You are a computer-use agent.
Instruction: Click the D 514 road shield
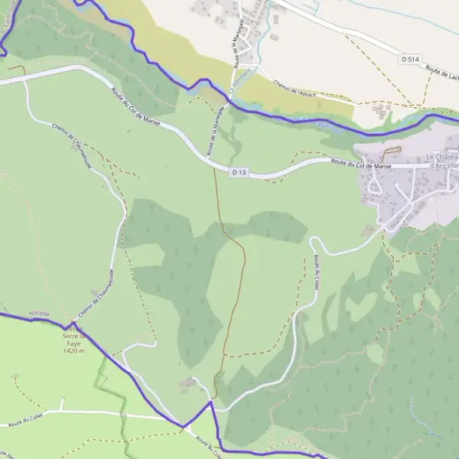412,58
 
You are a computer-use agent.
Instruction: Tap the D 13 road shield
239,173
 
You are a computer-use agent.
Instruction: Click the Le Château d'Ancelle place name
441,161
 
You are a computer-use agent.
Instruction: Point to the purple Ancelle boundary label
38,314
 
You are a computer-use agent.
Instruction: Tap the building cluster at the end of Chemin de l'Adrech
380,111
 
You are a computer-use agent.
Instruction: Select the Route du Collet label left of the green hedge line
24,421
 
